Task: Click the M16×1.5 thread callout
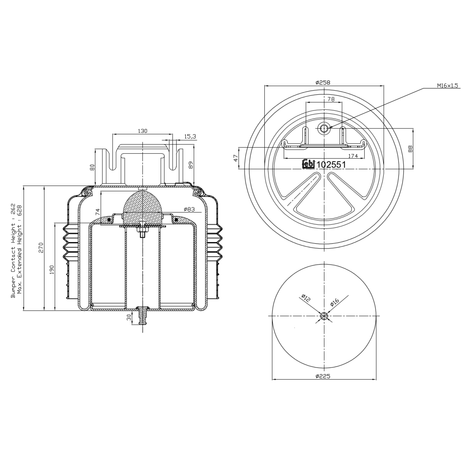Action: point(447,85)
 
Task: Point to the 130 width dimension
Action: point(142,131)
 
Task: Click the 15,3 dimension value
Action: point(190,136)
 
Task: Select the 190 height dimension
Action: point(52,269)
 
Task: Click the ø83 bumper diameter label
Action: point(189,209)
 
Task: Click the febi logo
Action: point(308,164)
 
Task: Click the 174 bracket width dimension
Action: point(353,156)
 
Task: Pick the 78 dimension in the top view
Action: point(331,99)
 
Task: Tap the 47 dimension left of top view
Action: point(236,158)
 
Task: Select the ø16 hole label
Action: point(335,302)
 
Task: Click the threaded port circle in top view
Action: point(324,128)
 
